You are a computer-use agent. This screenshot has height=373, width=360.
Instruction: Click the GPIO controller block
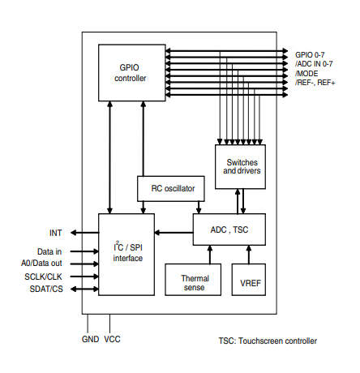click(131, 73)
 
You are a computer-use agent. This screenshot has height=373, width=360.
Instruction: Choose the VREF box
click(250, 280)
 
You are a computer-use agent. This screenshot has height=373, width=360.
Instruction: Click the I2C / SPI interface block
click(126, 254)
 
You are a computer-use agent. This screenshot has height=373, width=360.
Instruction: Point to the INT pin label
click(54, 232)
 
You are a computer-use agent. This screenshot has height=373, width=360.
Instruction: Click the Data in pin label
click(49, 251)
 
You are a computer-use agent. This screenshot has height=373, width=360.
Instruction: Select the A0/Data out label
click(42, 263)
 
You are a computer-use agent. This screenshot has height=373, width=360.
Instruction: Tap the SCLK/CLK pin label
click(43, 277)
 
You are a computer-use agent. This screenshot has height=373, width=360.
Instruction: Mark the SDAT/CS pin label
click(45, 289)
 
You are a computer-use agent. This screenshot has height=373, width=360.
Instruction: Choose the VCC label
click(112, 340)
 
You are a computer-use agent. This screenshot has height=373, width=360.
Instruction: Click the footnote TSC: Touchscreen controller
click(268, 341)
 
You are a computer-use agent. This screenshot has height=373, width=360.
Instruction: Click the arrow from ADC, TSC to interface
click(174, 234)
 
